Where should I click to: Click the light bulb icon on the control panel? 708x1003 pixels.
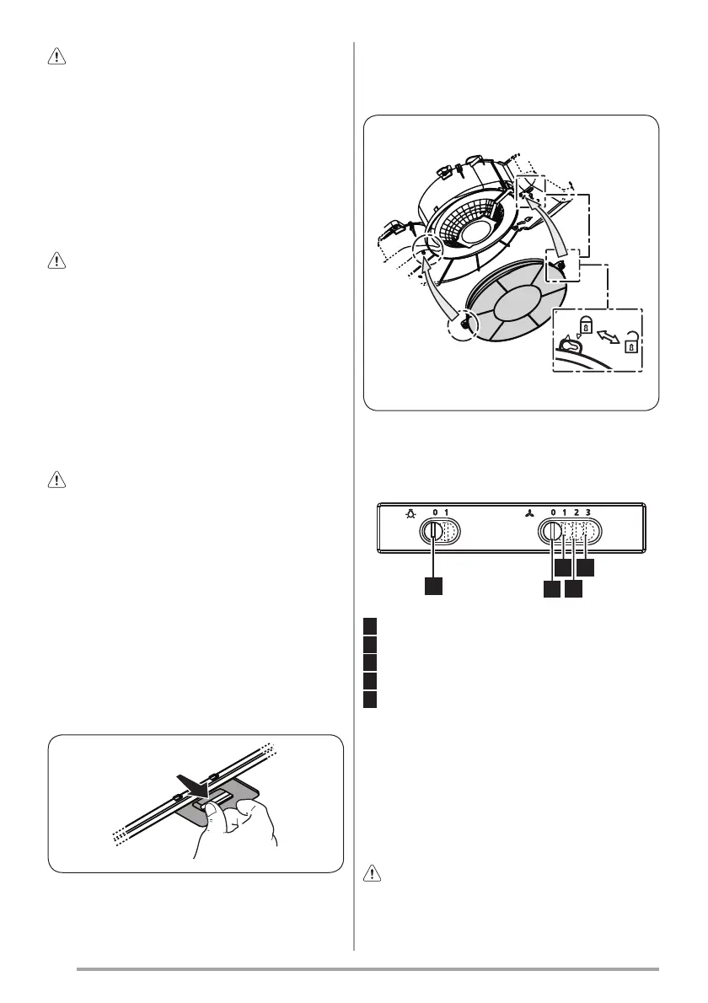pos(410,513)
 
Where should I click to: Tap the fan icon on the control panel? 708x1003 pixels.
pos(529,513)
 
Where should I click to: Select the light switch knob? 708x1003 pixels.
pos(434,532)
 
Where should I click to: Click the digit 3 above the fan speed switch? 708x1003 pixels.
pos(587,512)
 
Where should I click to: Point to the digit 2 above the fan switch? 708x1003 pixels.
pos(577,512)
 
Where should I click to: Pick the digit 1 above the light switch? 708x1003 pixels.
pos(447,512)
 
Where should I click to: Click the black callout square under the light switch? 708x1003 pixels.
pos(433,587)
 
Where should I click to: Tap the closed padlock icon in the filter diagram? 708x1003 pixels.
pos(586,327)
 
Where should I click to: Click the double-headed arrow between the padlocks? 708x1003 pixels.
pos(609,335)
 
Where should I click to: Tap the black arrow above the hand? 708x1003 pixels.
pos(194,786)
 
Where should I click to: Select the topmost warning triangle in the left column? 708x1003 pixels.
pos(57,57)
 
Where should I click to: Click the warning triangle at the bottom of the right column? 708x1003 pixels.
pos(373,872)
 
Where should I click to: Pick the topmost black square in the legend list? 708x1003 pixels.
pos(370,625)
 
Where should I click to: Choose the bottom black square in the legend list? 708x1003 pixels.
pos(370,700)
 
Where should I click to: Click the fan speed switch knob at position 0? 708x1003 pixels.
pos(553,532)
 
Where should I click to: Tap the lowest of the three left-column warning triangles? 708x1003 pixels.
pos(57,480)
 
